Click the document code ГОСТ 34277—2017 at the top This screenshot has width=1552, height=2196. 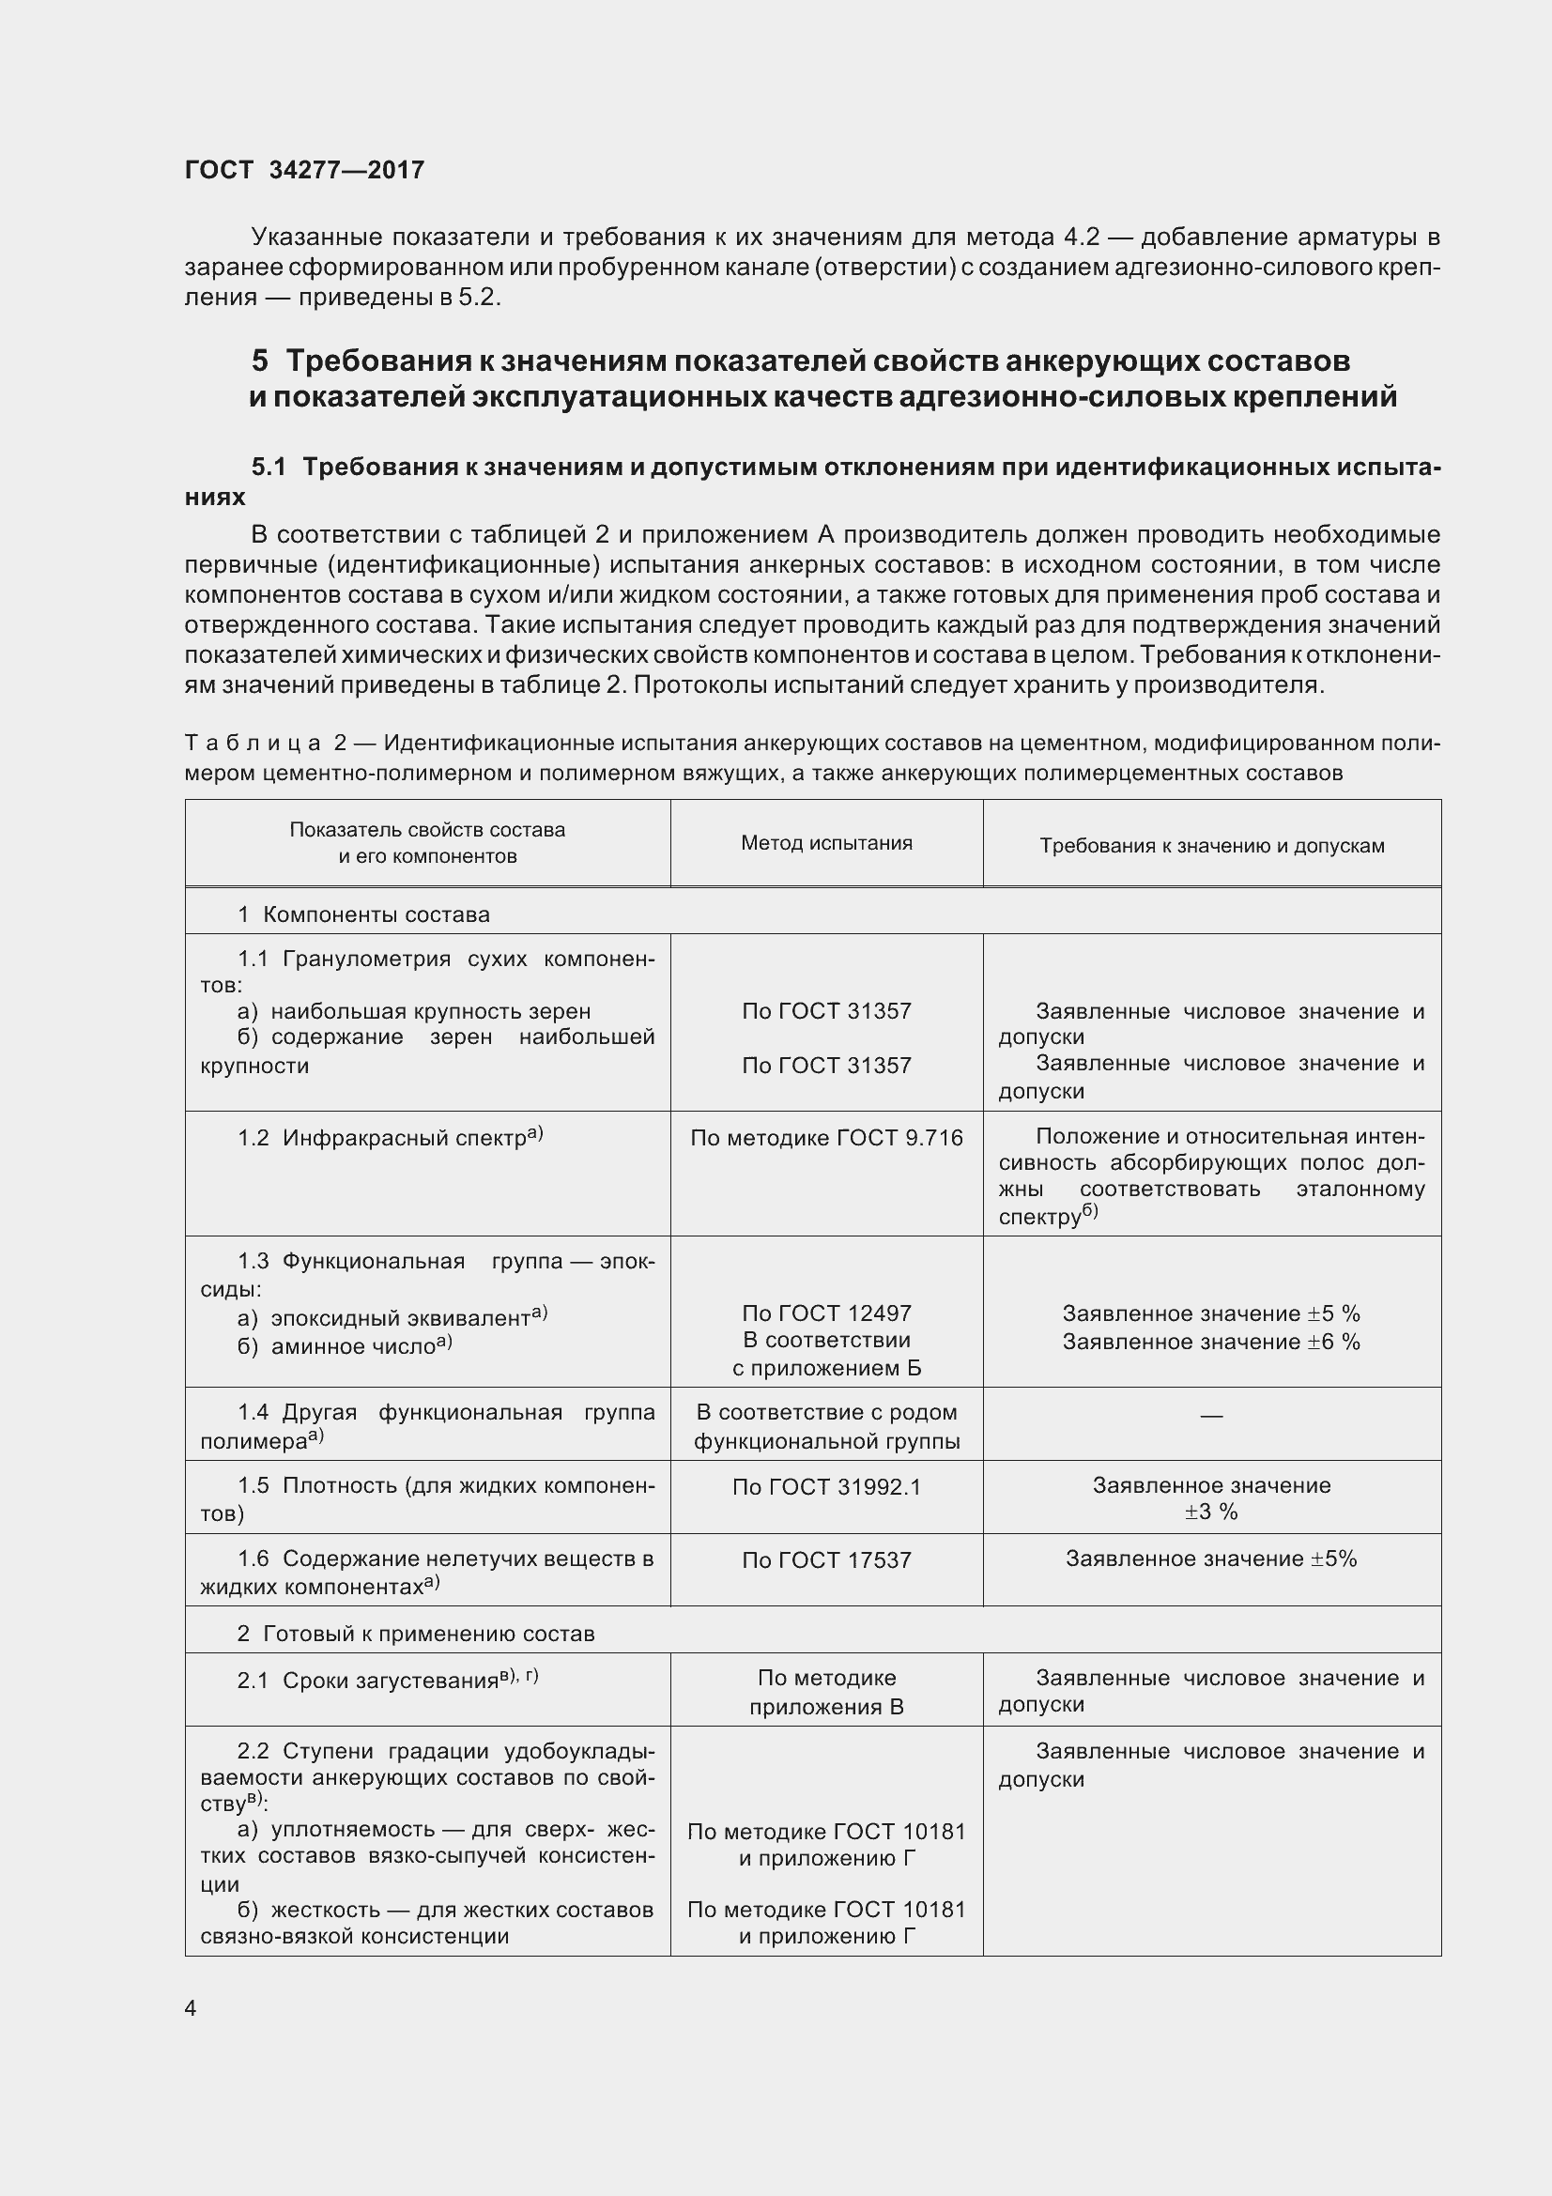304,170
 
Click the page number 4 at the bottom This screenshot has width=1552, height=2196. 191,2007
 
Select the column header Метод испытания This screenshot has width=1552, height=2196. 826,842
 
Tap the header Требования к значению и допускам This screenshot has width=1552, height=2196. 1211,846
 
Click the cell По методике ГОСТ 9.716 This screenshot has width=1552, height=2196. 826,1137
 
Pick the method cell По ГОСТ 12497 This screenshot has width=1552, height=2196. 826,1313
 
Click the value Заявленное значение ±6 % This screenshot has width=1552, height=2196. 1210,1341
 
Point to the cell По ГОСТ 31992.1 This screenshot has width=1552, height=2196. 826,1486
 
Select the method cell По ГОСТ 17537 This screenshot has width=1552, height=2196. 826,1560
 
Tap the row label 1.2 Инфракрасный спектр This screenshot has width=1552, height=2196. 391,1137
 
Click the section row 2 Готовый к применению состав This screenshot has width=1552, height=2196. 416,1633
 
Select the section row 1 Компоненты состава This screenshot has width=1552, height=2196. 363,914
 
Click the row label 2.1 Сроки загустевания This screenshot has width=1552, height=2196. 387,1681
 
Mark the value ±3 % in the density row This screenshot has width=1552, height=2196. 1210,1512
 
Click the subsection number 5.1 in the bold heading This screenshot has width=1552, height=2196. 269,467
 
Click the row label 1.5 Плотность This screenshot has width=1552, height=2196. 340,1485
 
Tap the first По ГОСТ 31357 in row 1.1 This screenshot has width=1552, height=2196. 826,1011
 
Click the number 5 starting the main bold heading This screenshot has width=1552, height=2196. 260,361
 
